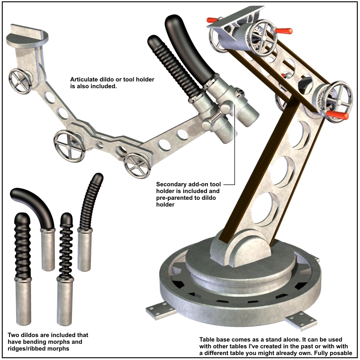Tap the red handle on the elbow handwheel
[x=337, y=115]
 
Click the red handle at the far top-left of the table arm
[x=212, y=20]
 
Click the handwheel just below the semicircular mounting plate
[x=20, y=81]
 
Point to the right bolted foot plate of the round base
[x=301, y=320]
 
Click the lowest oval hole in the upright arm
[x=265, y=208]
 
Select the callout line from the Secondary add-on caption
[x=234, y=144]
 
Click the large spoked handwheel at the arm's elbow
[x=333, y=101]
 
